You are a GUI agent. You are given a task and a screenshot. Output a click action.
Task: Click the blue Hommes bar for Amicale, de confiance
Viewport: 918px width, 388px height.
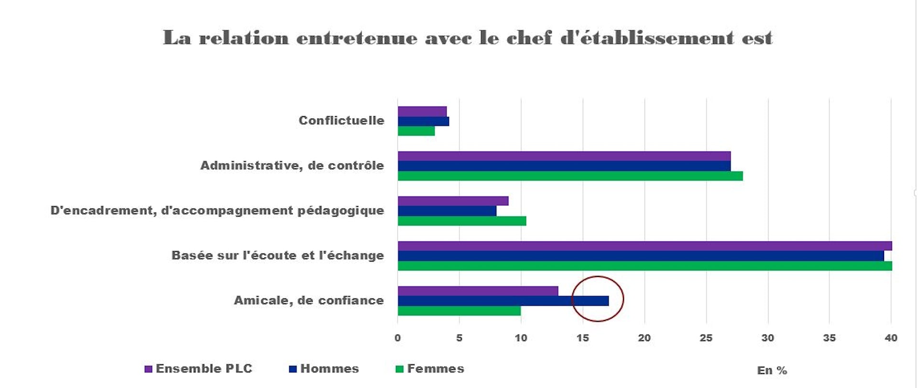pyautogui.click(x=503, y=301)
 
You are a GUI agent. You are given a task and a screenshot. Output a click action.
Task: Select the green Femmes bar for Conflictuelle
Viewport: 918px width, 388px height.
pyautogui.click(x=416, y=131)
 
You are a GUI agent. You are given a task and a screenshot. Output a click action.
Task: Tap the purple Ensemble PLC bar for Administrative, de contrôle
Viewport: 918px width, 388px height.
pyautogui.click(x=564, y=156)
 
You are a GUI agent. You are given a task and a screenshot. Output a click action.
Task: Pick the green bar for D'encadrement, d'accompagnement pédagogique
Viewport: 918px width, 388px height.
pyautogui.click(x=462, y=221)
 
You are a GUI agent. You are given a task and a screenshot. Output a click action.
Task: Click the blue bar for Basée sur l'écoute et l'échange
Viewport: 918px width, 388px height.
pyautogui.click(x=641, y=256)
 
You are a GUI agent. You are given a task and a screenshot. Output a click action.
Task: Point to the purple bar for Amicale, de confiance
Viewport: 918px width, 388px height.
pyautogui.click(x=478, y=291)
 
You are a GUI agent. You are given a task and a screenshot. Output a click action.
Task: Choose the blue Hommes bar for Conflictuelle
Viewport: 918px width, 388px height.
pyautogui.click(x=423, y=121)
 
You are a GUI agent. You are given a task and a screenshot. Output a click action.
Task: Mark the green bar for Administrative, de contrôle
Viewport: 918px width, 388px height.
pyautogui.click(x=570, y=176)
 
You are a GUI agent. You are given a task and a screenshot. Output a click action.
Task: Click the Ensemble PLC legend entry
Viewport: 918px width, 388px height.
pyautogui.click(x=198, y=369)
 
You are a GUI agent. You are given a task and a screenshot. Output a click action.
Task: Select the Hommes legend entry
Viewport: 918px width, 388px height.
pyautogui.click(x=324, y=369)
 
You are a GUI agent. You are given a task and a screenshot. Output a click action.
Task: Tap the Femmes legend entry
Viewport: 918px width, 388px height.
pyautogui.click(x=430, y=369)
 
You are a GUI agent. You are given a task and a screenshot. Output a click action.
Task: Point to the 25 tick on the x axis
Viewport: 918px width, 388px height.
pyautogui.click(x=706, y=338)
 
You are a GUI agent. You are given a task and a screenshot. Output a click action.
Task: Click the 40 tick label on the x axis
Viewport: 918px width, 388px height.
pyautogui.click(x=891, y=338)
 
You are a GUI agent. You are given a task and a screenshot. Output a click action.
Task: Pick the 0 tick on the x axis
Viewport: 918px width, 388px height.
pyautogui.click(x=398, y=338)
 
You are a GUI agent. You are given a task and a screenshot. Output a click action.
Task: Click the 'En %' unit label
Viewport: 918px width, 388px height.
pyautogui.click(x=772, y=370)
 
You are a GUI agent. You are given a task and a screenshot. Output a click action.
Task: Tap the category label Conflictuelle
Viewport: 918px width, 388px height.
pyautogui.click(x=341, y=121)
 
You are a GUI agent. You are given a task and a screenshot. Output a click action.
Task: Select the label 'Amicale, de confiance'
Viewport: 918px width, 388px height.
pyautogui.click(x=309, y=300)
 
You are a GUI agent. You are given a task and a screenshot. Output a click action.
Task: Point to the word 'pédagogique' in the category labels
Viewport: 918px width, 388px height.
pyautogui.click(x=340, y=211)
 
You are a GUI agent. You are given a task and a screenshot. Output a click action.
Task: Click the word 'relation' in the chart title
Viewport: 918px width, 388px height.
pyautogui.click(x=244, y=38)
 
